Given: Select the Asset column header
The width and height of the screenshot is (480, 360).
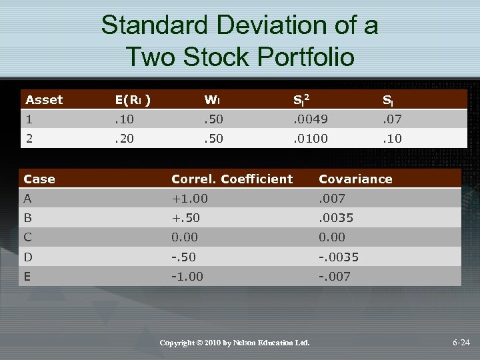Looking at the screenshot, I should point(44,100).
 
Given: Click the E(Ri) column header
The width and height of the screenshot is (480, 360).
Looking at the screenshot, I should point(132,100).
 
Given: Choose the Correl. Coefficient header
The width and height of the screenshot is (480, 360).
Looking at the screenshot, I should point(232,179).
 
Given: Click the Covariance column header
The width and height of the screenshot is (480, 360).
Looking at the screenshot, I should point(355,179).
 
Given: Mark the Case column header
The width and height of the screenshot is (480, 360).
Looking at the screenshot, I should point(39,179).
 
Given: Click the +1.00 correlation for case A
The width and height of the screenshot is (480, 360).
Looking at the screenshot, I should point(189,198).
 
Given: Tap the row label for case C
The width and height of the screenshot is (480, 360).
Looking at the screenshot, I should point(28,237).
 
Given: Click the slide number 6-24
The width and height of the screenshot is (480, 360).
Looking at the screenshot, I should point(461,343).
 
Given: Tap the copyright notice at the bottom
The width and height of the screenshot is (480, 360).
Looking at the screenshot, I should point(235,343).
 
